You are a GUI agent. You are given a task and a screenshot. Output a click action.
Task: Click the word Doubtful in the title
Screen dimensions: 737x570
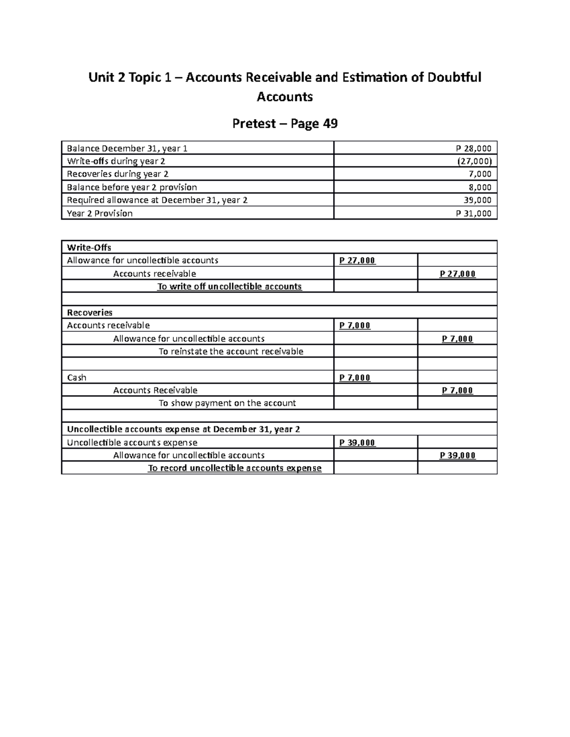(454, 77)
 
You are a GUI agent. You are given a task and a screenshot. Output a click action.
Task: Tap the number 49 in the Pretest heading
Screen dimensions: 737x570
(330, 124)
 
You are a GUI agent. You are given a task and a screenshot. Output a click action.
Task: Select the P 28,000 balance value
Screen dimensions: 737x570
(474, 149)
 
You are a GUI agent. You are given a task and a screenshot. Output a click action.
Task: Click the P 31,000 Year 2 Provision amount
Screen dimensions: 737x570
(474, 214)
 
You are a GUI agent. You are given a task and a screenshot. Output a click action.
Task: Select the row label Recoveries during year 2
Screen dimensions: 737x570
(117, 174)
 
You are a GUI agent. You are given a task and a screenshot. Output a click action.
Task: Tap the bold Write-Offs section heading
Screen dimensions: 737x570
(89, 247)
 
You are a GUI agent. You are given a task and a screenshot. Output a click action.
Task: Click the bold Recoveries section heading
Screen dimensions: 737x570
(90, 313)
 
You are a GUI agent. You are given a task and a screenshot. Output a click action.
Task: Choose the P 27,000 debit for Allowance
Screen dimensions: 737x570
(357, 261)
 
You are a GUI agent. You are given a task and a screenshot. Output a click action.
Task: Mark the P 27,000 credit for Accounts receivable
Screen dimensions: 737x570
(457, 274)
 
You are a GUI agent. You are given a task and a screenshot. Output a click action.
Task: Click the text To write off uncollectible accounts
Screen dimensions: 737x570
(229, 287)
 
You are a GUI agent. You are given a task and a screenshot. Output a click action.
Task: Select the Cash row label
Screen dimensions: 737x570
(76, 378)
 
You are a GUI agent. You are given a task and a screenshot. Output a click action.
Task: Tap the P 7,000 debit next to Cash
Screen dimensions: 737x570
(355, 378)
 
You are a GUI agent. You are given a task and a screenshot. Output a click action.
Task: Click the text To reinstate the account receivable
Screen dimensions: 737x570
(231, 352)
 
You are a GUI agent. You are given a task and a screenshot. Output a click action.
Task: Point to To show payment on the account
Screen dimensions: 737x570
(227, 403)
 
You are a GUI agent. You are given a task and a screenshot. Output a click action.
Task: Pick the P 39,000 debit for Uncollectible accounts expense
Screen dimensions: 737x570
(357, 443)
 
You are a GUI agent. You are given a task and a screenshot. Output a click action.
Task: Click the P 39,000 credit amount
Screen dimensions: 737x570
(457, 456)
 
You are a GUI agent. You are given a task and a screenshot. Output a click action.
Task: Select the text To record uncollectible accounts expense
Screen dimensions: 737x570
(235, 468)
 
